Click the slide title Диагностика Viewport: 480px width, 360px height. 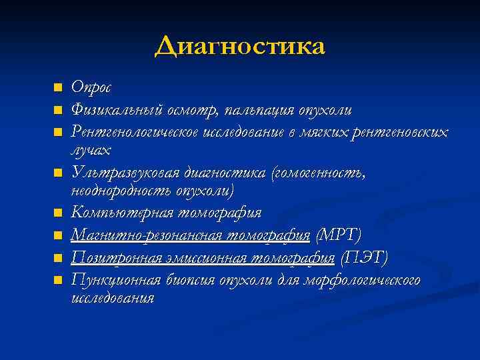pyautogui.click(x=239, y=46)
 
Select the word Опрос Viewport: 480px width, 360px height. pyautogui.click(x=91, y=87)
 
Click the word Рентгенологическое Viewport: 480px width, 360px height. pyautogui.click(x=130, y=131)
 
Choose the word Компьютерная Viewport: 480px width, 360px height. pyautogui.click(x=119, y=213)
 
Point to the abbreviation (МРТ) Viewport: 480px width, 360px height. pyautogui.click(x=339, y=235)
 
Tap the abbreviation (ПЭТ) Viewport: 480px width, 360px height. pyautogui.click(x=364, y=257)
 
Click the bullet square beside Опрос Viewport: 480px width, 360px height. pyautogui.click(x=58, y=87)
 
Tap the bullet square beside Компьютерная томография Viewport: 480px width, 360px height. pyautogui.click(x=58, y=213)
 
